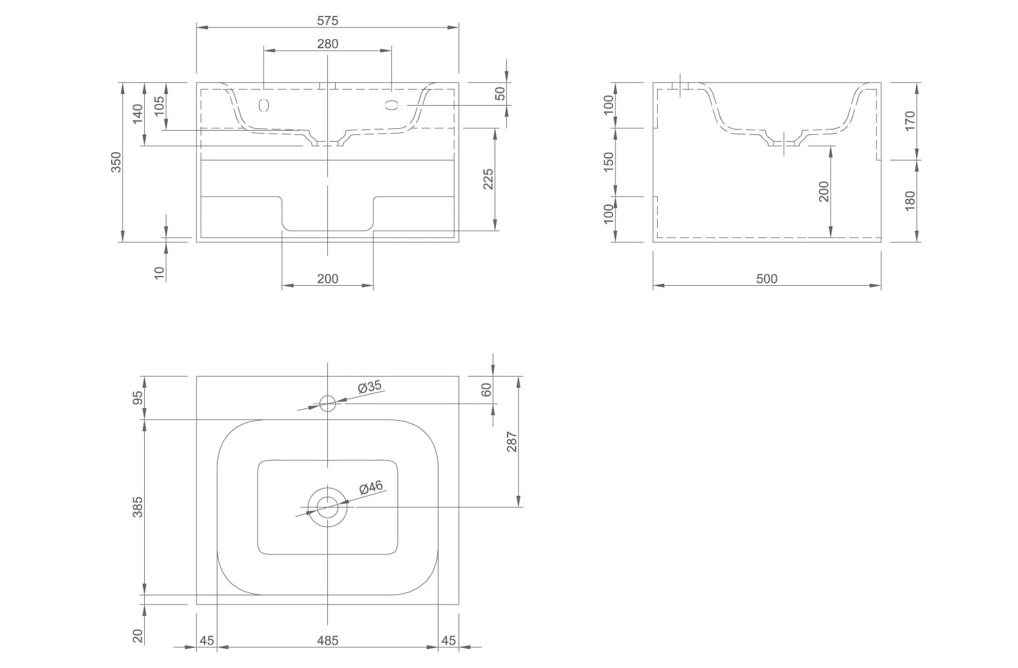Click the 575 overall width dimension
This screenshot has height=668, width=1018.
[x=327, y=20]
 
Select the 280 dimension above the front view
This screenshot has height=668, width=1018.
[x=327, y=43]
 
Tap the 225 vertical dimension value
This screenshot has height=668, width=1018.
[x=489, y=179]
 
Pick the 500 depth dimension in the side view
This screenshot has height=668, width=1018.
[x=766, y=279]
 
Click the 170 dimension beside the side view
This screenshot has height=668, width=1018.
[x=910, y=121]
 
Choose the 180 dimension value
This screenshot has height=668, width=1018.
[x=910, y=201]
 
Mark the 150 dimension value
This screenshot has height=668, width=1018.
[x=608, y=162]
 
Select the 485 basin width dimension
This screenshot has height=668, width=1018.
[x=327, y=641]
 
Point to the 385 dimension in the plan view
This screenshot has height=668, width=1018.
[x=138, y=507]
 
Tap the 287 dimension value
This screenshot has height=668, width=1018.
[x=512, y=441]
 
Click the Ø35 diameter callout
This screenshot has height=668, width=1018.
[x=369, y=387]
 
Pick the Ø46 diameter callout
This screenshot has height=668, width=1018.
[x=371, y=487]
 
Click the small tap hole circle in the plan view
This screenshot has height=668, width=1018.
[x=328, y=403]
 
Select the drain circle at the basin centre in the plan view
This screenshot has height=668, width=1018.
[x=328, y=507]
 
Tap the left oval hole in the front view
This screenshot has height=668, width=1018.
[x=264, y=105]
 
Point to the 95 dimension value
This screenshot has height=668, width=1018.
[x=138, y=398]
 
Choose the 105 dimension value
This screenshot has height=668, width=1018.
[x=159, y=106]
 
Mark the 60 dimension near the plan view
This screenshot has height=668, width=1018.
[x=487, y=390]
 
